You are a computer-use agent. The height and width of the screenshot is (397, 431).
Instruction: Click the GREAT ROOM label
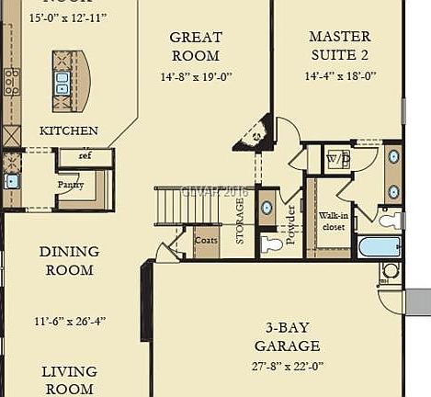tap(196, 47)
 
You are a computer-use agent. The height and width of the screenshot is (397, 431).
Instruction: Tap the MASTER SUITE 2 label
tap(339, 46)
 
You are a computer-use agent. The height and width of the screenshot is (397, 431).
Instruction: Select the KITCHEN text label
tap(68, 131)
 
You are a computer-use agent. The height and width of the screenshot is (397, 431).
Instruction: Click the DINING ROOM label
tap(69, 260)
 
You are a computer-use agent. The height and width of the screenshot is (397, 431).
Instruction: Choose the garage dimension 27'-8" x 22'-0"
tap(288, 365)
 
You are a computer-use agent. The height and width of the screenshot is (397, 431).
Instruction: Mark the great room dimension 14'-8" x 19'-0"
tap(196, 78)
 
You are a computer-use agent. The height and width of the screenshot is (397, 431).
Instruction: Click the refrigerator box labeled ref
tap(85, 157)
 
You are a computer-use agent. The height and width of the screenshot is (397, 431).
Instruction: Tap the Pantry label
tap(71, 185)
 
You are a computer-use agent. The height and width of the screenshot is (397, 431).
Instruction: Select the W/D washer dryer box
tap(337, 159)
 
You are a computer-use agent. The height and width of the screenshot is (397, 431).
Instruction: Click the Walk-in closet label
tap(333, 221)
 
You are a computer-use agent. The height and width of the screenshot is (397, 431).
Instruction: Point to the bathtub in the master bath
tap(379, 246)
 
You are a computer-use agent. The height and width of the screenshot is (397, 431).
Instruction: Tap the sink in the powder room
tap(267, 208)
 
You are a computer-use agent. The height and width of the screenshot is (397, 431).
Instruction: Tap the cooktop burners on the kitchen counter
tap(12, 82)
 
